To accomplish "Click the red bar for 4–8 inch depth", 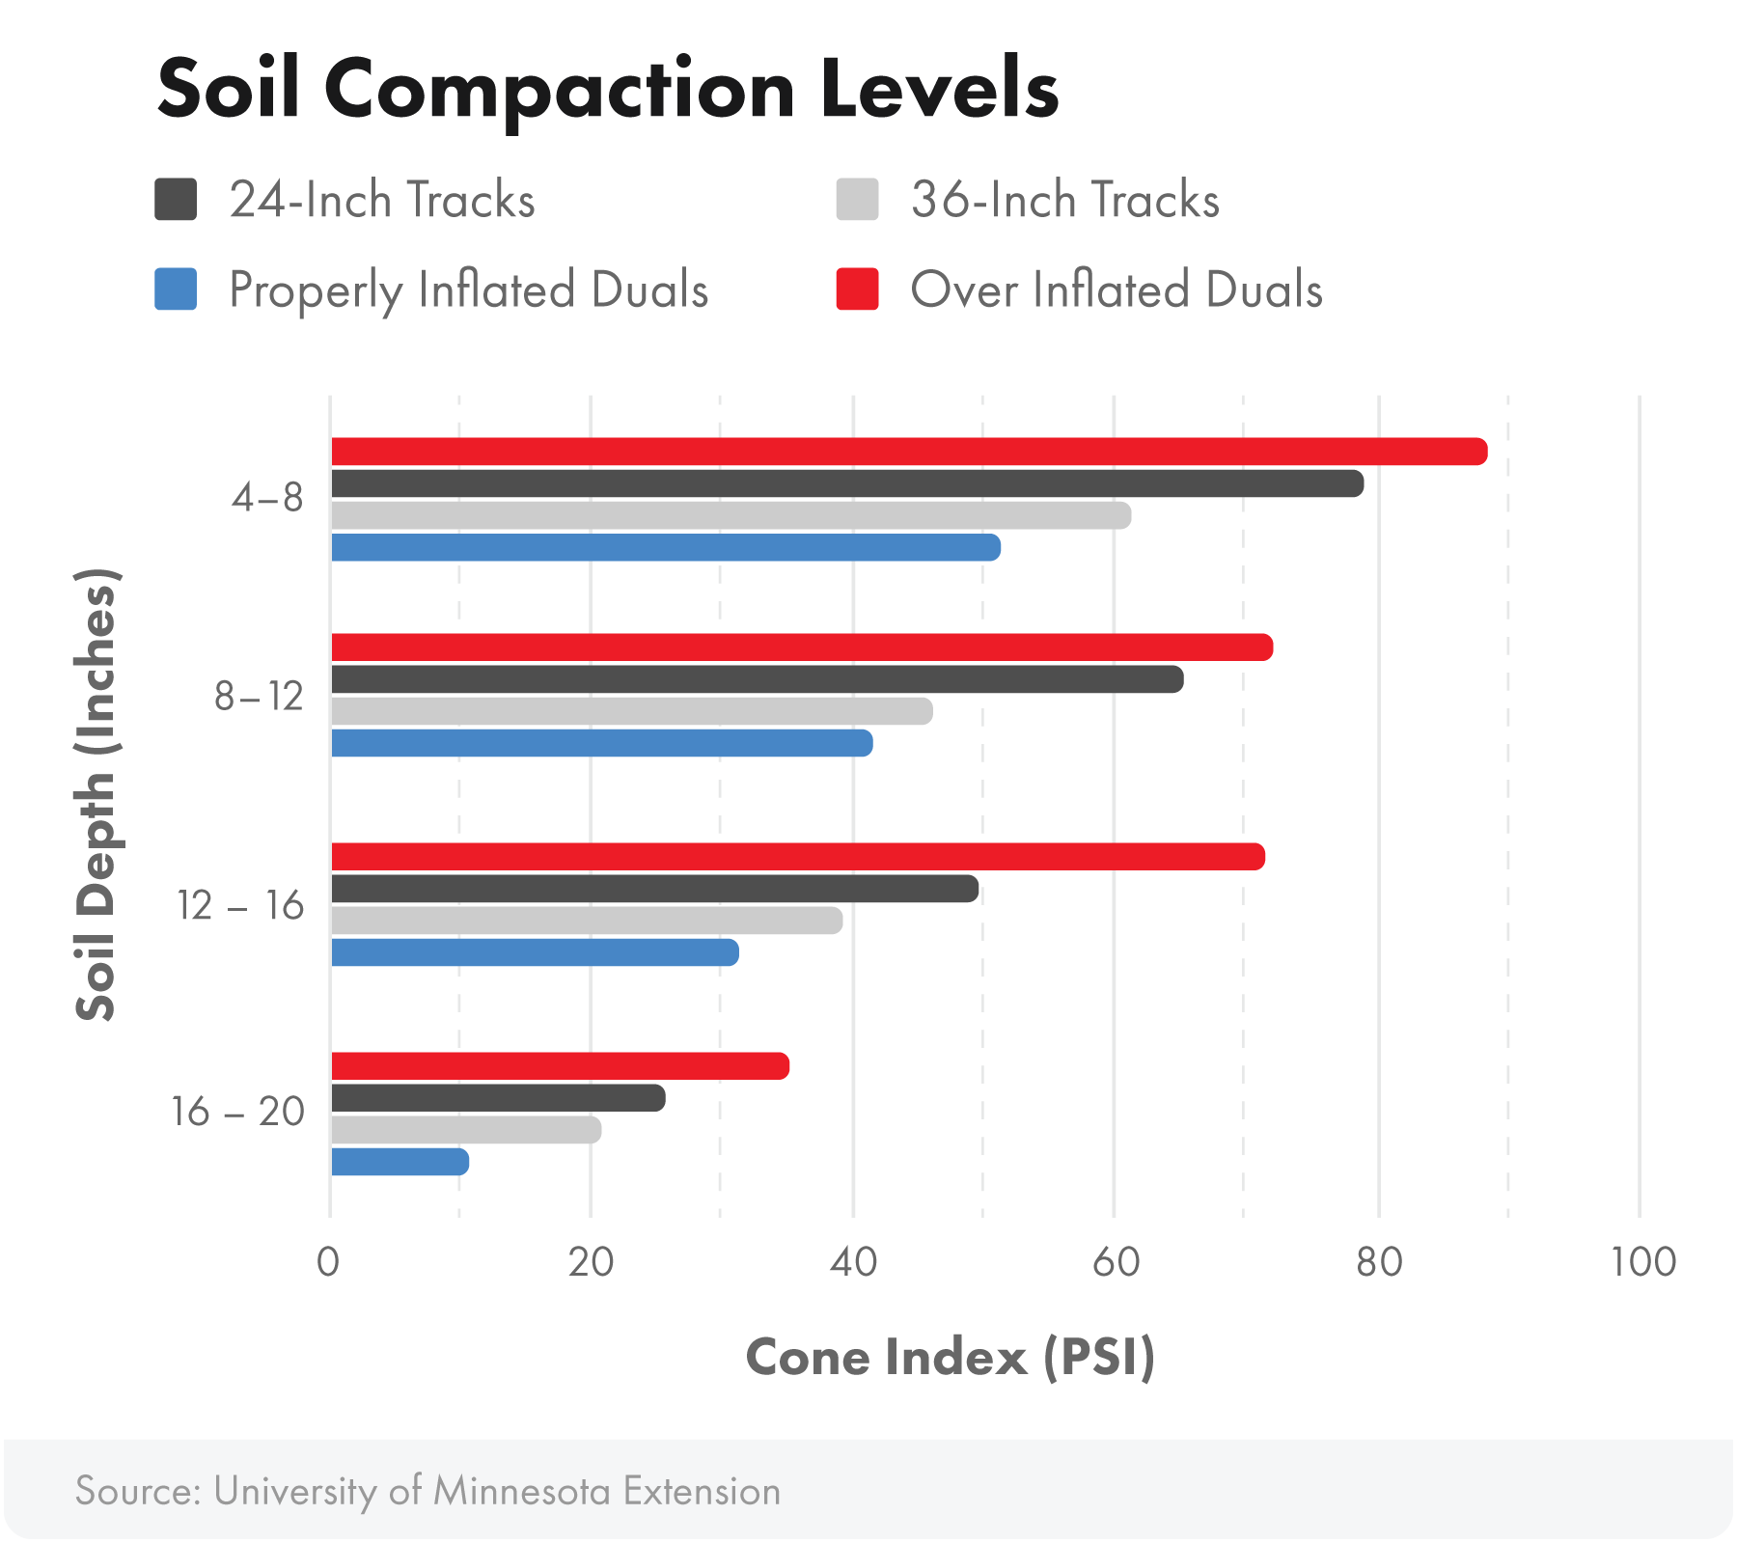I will [907, 452].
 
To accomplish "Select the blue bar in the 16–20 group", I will [400, 1162].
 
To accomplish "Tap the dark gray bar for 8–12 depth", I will [757, 679].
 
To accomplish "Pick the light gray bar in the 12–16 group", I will [587, 921].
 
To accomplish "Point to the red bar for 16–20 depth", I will [560, 1066].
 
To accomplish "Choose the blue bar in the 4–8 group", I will [666, 547].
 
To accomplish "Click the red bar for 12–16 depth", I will [797, 856].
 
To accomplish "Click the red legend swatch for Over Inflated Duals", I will [857, 289].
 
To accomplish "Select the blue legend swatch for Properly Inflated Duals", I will [176, 289].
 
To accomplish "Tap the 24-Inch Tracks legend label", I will [382, 201].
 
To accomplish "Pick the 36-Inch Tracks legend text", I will [1064, 201].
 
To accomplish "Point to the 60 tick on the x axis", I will [1116, 1261].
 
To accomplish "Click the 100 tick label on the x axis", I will [1642, 1261].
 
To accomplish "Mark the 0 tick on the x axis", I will [328, 1261].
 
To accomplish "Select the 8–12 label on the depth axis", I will [259, 696].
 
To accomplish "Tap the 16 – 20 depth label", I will [237, 1112].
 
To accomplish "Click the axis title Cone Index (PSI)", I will [950, 1358].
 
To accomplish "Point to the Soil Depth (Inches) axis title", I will [96, 793].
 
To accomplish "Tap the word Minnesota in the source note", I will [521, 1491].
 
